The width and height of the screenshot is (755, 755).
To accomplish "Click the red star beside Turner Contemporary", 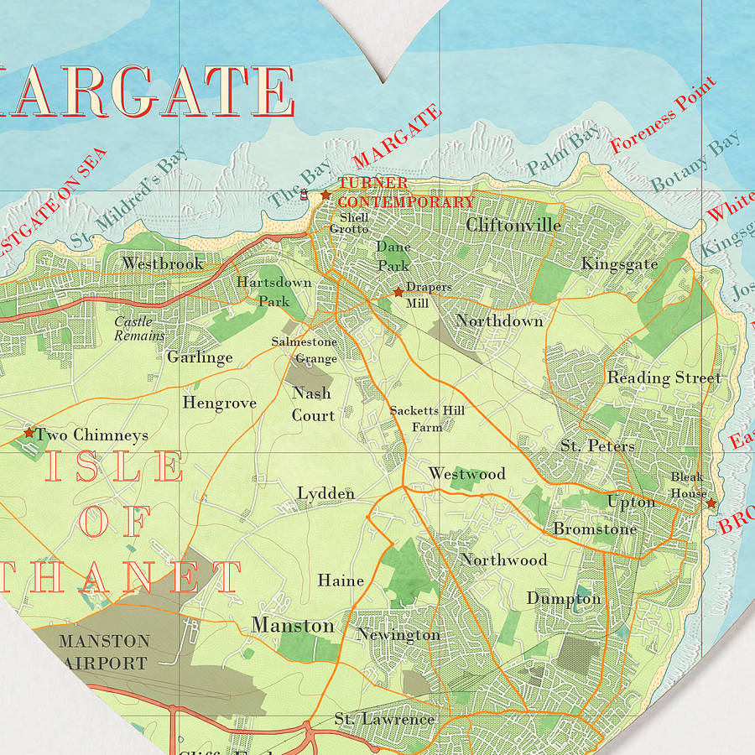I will coord(325,195).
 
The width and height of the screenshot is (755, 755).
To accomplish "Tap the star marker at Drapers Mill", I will coord(398,292).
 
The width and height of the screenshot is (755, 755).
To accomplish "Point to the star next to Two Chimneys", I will coord(29,433).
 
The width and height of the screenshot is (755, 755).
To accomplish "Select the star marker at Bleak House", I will coord(711,503).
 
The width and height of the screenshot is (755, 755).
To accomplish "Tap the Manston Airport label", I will coord(104,652).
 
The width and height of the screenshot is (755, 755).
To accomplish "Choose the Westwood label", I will coord(466,474).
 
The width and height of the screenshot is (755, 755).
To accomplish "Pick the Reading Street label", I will coord(664,377).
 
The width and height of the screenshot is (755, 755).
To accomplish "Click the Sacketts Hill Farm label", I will coord(427,418).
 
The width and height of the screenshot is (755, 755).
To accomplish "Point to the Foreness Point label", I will coord(663,115).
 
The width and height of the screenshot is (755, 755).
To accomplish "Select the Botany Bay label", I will coord(695,160).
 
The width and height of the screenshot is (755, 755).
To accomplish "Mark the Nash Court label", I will coord(313,404).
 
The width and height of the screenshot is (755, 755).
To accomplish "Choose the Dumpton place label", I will coord(564,598).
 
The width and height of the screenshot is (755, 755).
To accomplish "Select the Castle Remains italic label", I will coord(139,328).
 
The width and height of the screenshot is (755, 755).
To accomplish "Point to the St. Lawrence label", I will coord(384,719).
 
